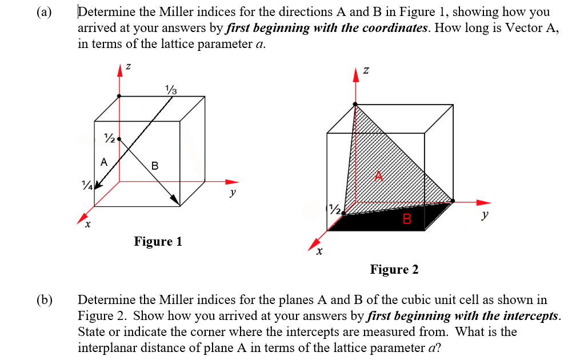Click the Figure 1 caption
click(158, 241)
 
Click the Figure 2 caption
click(394, 269)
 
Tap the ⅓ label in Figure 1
click(171, 89)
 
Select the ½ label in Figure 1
click(109, 138)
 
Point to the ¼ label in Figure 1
click(87, 185)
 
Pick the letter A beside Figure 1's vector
click(103, 162)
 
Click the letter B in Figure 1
click(155, 166)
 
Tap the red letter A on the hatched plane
click(378, 176)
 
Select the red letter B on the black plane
click(407, 218)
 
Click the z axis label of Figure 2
click(366, 70)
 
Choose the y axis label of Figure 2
click(485, 215)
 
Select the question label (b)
click(43, 300)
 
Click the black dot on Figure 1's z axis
click(119, 96)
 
